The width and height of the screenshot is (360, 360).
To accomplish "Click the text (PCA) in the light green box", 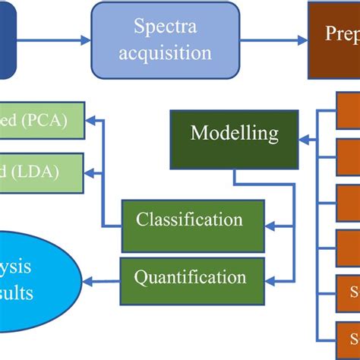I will click(44, 119).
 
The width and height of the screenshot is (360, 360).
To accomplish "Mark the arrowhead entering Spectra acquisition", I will click(85, 40).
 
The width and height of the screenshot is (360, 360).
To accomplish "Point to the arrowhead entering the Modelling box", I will click(304, 140).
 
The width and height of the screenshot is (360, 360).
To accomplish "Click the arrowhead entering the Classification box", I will click(270, 225).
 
